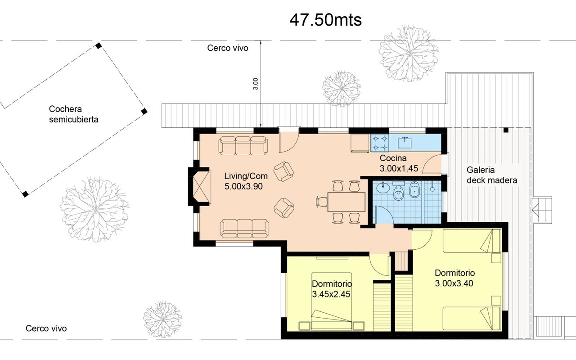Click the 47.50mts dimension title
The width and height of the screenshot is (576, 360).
(325, 20)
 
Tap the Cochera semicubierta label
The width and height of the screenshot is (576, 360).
(73, 114)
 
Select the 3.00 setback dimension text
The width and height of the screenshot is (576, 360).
(256, 84)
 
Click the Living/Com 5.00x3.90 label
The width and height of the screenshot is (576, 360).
(246, 181)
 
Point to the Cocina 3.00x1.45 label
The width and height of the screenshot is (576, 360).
(399, 163)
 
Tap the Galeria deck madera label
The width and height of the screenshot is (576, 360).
(492, 175)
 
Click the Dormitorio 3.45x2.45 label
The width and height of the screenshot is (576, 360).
(332, 289)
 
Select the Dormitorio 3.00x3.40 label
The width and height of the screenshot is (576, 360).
(454, 278)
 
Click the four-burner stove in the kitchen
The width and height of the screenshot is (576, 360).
(380, 143)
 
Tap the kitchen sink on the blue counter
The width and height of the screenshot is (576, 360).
(405, 143)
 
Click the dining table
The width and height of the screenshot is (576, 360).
(346, 202)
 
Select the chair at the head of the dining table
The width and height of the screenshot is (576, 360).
(322, 202)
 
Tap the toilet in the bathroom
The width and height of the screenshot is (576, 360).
(399, 191)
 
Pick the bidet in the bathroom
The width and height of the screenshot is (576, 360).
(414, 190)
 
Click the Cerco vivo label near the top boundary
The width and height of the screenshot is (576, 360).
(228, 48)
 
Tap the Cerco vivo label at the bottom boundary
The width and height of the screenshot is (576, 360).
(46, 328)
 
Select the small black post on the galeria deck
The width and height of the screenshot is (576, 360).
(506, 130)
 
